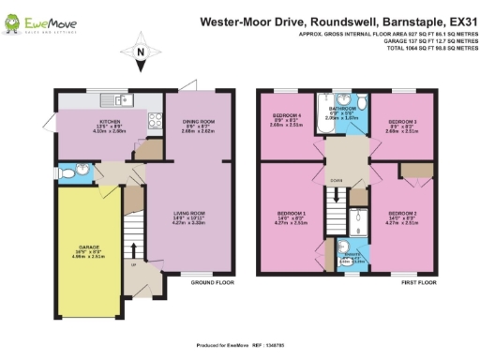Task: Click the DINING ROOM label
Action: pos(192,122)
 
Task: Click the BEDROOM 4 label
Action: pos(286,122)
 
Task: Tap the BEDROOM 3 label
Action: pos(401,122)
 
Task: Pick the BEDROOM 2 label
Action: pos(402,213)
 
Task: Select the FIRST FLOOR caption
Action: pos(414,281)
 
